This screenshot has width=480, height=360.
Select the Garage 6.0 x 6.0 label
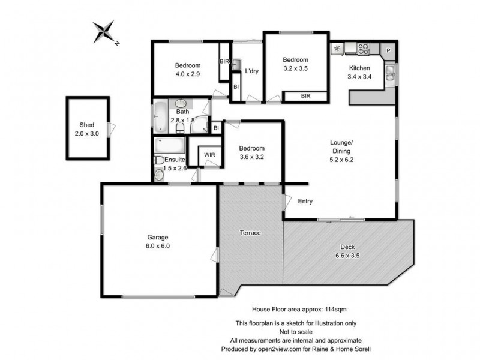tap(159, 241)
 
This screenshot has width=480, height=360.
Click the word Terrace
tap(250, 233)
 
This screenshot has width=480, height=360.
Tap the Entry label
tap(305, 202)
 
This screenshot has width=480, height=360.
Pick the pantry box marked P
tap(388, 50)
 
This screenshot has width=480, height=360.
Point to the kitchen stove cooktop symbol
tap(364, 47)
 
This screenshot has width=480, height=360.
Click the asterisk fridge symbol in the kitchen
tap(337, 48)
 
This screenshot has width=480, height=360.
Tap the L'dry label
tap(252, 72)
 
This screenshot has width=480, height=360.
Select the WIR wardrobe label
tap(209, 155)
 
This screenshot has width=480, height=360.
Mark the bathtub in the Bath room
tap(160, 116)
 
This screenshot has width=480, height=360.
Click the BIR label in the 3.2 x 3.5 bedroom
tap(305, 95)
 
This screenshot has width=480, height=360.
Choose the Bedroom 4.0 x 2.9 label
tap(187, 70)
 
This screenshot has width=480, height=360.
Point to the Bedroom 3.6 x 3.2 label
tap(251, 152)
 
